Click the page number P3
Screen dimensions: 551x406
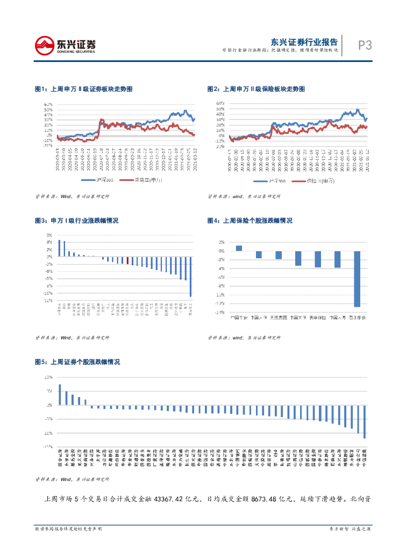click(x=365, y=46)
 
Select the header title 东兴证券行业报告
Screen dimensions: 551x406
click(x=304, y=41)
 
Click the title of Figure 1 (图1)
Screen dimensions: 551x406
click(x=83, y=89)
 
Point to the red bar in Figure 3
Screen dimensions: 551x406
click(x=127, y=260)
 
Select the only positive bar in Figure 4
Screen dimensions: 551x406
click(x=239, y=248)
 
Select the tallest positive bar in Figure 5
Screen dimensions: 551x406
click(x=60, y=394)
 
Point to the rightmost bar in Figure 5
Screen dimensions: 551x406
click(x=365, y=421)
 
